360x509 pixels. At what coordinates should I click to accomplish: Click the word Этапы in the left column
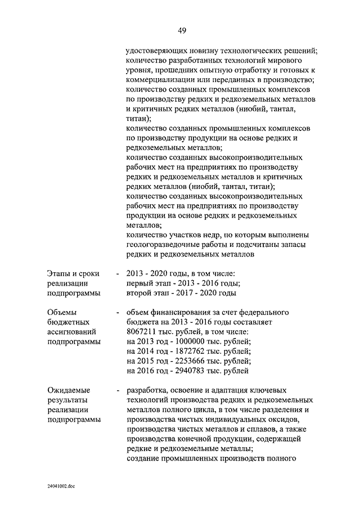(58, 273)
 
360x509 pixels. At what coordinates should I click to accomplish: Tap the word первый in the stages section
(141, 283)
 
